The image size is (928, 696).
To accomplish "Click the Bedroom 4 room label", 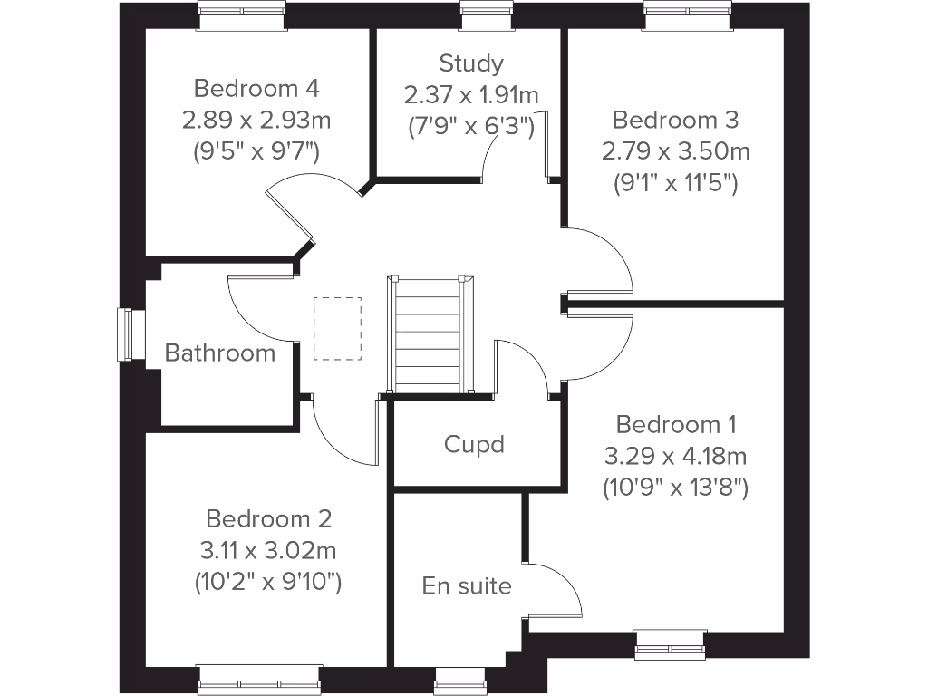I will (256, 89).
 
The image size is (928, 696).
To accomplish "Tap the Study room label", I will (471, 63).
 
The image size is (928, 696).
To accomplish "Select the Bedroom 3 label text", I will (675, 120).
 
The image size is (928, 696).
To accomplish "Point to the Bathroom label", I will (220, 353).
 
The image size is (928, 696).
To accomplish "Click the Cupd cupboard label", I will (474, 444).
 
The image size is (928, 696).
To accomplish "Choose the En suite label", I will (467, 585).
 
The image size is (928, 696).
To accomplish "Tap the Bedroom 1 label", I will (675, 424).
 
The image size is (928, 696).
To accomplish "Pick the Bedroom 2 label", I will (269, 519).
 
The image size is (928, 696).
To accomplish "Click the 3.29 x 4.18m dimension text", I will (675, 456).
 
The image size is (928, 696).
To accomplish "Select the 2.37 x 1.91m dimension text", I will (471, 94).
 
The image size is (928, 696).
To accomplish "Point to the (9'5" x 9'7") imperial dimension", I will (256, 151).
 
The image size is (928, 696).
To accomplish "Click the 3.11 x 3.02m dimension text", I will (269, 550).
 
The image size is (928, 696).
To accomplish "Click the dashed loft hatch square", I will (337, 328).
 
